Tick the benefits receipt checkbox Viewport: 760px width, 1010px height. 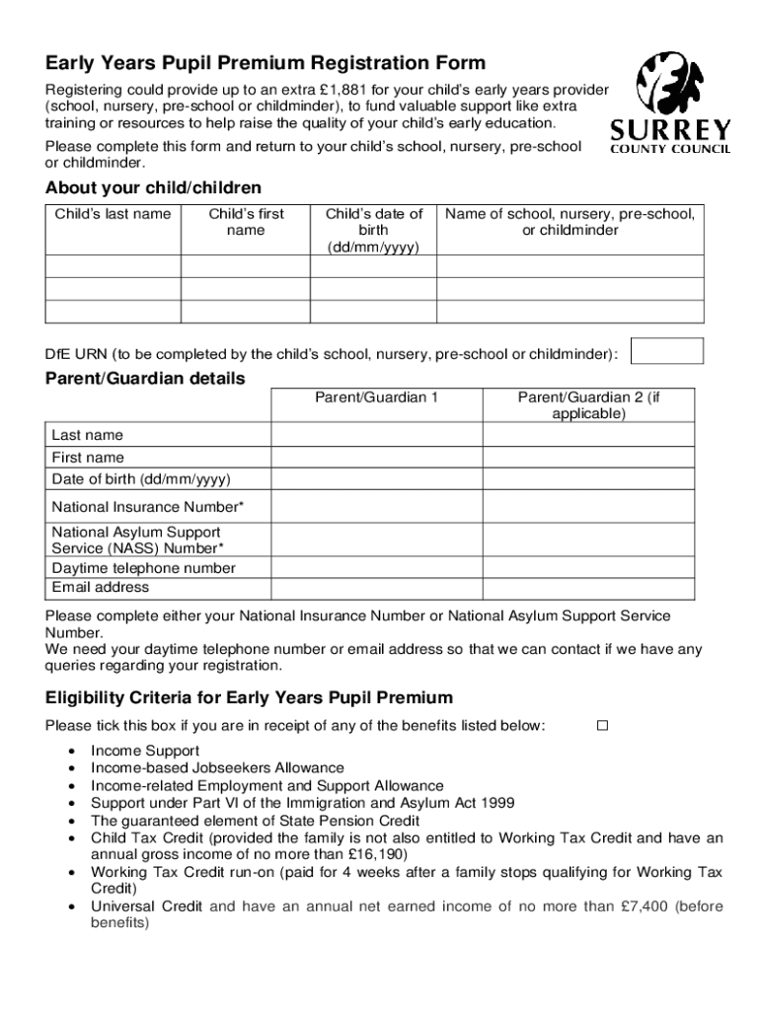coord(602,726)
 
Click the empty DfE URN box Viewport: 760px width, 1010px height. coord(666,351)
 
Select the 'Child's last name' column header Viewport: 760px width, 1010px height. coord(113,214)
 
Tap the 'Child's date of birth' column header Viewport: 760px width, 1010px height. coord(374,230)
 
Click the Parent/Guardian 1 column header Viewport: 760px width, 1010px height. coord(376,397)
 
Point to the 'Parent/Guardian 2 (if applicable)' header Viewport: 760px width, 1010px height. coord(588,405)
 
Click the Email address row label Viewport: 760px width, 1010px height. coord(101,588)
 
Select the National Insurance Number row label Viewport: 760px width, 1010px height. coord(147,507)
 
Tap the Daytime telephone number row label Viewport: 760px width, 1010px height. coord(144,568)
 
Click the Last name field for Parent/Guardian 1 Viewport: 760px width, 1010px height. coord(376,436)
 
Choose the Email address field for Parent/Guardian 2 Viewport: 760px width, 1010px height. coord(588,588)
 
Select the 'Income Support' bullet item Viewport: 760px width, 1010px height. coord(145,751)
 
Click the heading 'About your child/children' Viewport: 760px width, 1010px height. coord(153,187)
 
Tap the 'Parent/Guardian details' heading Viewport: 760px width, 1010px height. coord(145,379)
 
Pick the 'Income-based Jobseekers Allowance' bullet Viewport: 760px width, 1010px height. coord(217,768)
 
